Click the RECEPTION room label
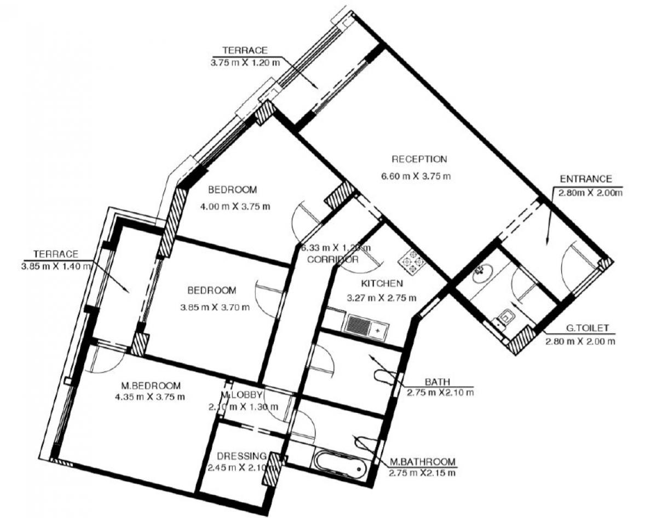click(419, 159)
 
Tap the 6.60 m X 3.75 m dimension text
click(416, 176)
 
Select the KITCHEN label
click(382, 283)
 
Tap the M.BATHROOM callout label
click(422, 462)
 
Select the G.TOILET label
click(587, 330)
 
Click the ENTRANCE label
click(586, 179)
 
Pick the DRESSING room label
click(241, 456)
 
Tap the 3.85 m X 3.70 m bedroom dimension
click(215, 307)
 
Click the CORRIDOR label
click(333, 259)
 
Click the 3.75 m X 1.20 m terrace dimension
click(245, 62)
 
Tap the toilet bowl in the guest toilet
click(506, 317)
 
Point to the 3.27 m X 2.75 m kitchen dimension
click(382, 298)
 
